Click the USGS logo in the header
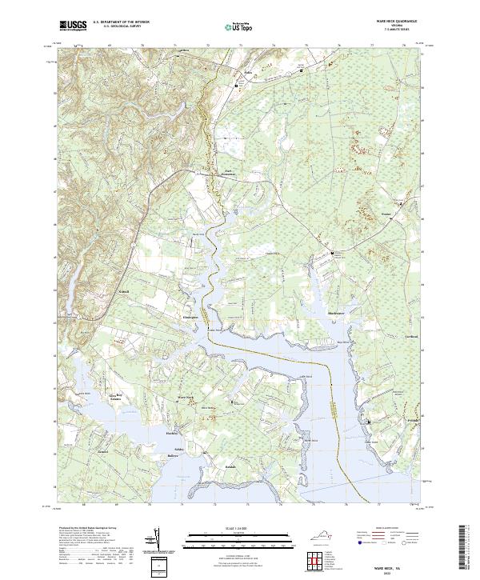tap(72, 26)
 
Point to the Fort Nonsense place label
tap(231, 172)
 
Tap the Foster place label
tap(386, 214)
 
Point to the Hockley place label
tap(170, 433)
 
